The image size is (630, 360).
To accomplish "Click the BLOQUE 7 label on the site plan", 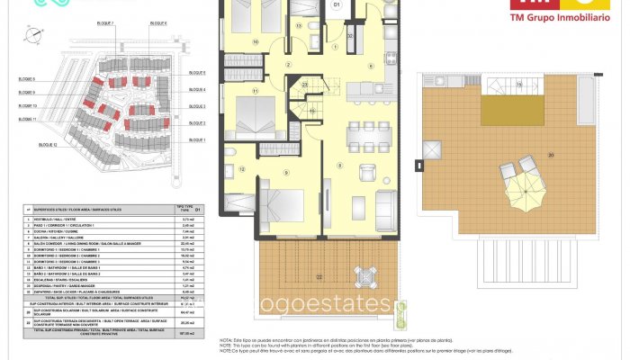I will pos(104,22).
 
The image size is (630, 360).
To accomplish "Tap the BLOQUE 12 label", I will pos(49,145).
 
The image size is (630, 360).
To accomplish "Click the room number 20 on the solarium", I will pos(551,155).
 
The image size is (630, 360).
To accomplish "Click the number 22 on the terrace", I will pos(319,276).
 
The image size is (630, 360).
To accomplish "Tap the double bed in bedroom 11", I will pos(266,112).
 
